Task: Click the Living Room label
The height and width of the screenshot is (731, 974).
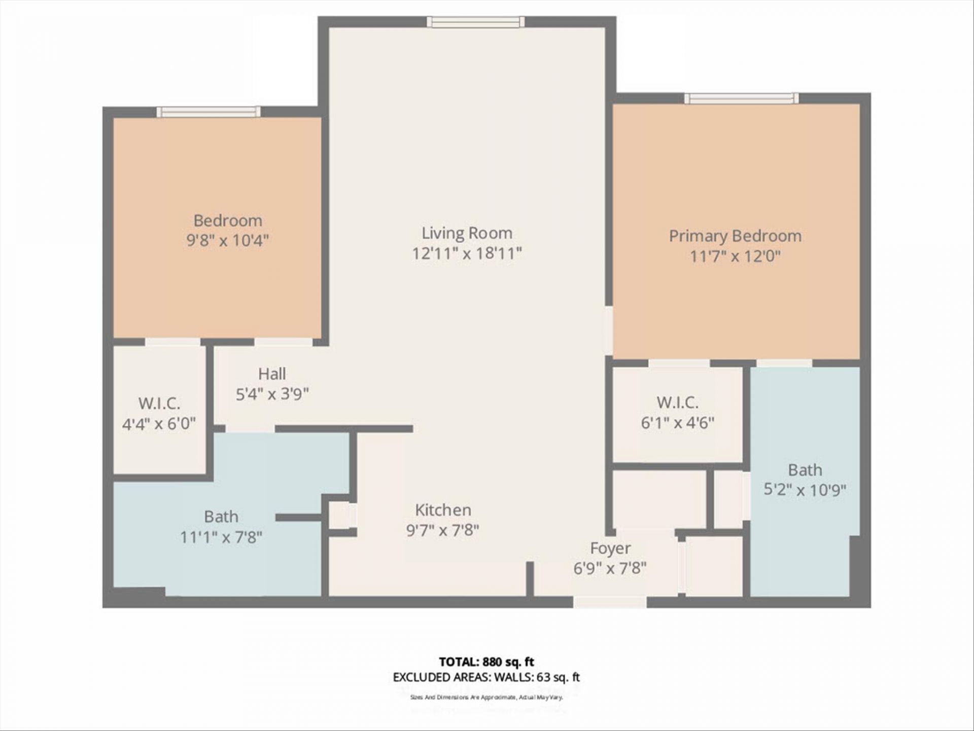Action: tap(467, 233)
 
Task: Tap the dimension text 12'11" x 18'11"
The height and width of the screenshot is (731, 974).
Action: tap(467, 253)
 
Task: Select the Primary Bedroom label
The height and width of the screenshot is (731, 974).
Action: tap(735, 236)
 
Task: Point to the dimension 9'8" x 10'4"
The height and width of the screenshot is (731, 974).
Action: tap(227, 240)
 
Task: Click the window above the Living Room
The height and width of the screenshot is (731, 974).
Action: tap(475, 22)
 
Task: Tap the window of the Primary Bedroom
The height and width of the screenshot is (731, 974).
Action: tap(741, 98)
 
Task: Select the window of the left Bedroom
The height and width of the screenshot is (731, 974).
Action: tap(208, 112)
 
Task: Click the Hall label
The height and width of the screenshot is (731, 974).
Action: tap(272, 374)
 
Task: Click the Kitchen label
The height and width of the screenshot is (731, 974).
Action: tap(443, 510)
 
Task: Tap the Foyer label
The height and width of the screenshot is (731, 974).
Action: tap(610, 548)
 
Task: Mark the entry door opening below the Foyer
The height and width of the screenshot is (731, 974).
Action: tap(610, 602)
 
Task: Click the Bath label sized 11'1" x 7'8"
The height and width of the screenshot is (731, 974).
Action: tap(221, 517)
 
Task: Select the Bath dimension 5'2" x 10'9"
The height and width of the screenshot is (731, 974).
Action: tap(805, 490)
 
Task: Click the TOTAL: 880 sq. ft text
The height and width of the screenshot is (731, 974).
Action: tap(486, 662)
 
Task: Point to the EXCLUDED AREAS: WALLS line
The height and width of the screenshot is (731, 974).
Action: tap(486, 677)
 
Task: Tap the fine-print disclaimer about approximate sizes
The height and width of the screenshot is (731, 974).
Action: tap(486, 697)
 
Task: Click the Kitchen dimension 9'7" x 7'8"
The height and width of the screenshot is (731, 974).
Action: tap(442, 530)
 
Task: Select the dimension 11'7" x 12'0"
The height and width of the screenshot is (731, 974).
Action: tap(735, 256)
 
